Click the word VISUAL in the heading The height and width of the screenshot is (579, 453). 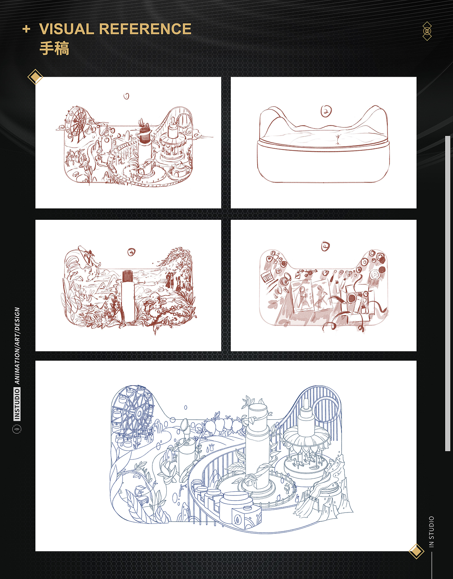(x=67, y=29)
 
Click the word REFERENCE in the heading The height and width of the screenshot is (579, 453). (x=145, y=29)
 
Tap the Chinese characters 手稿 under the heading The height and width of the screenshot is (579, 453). (x=55, y=48)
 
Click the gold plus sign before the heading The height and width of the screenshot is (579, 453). (x=26, y=29)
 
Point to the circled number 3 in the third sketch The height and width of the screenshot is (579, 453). (x=131, y=252)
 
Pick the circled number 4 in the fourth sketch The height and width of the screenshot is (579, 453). (x=325, y=246)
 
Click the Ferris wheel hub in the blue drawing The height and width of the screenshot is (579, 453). (x=139, y=413)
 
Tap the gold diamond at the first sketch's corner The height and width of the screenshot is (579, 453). (x=35, y=77)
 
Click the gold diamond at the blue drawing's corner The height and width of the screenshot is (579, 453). (x=416, y=551)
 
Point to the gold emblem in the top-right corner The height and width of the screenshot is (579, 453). (x=427, y=31)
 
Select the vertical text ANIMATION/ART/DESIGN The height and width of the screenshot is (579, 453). (x=17, y=346)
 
